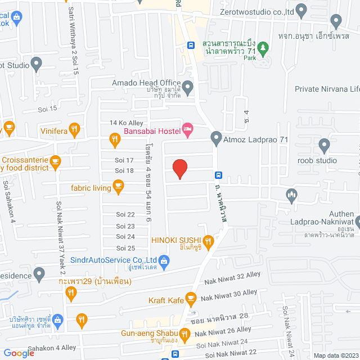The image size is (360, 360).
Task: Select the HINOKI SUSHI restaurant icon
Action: pos(208,242)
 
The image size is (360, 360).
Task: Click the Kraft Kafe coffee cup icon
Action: pos(191,298)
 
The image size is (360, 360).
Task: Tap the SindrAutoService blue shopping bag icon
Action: pos(164,260)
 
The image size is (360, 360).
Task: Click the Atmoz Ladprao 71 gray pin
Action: pos(216,138)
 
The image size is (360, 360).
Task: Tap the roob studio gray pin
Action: pos(324,146)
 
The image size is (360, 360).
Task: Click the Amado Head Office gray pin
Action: pos(188,87)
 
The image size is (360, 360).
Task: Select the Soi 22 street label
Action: pos(125,214)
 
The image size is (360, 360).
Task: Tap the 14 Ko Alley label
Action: pos(127,123)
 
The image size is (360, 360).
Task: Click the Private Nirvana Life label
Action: pos(327,89)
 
